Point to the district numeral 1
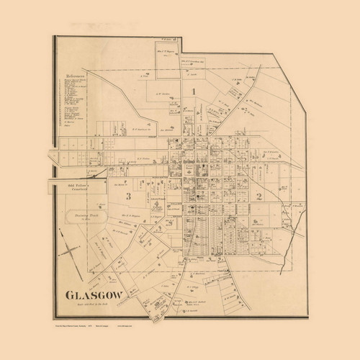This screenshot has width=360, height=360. coord(193,90)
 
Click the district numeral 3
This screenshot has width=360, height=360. coord(127,196)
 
